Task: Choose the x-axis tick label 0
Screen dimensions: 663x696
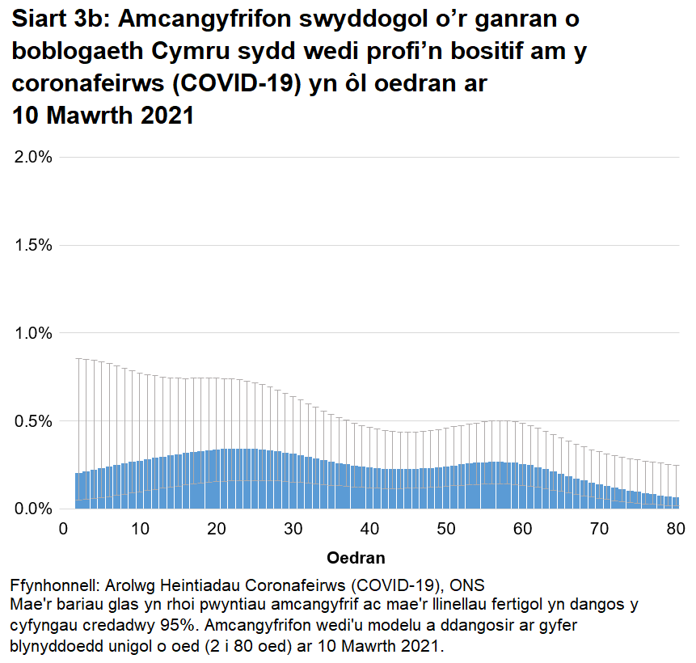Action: coord(64,530)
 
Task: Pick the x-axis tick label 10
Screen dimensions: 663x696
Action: coord(141,530)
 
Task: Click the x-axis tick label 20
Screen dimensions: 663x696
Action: coord(217,530)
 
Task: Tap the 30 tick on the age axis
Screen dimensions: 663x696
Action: coord(293,530)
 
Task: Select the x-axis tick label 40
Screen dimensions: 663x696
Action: coord(370,530)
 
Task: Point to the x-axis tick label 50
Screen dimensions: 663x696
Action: coord(446,530)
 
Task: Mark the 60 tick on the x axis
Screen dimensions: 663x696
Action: coord(523,530)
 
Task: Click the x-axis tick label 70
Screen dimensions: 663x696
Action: coord(600,530)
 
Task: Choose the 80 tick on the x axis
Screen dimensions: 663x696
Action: coord(676,530)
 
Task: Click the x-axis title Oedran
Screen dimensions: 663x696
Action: coord(356,558)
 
